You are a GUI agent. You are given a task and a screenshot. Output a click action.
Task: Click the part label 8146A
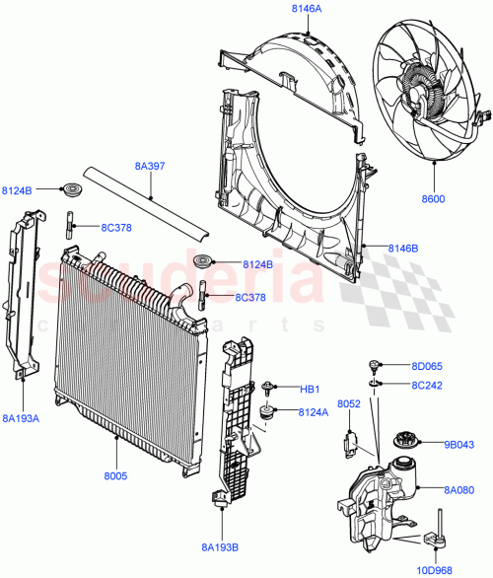coord(307,9)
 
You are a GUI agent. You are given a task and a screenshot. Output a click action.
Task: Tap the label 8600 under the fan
coord(433,198)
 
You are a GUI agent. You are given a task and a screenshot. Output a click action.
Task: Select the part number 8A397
coord(150,167)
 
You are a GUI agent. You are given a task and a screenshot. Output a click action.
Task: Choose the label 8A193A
coord(20,419)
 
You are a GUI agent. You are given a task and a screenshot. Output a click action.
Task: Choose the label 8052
coord(350,404)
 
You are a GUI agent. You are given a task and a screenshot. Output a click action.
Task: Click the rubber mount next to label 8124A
coord(266,408)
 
